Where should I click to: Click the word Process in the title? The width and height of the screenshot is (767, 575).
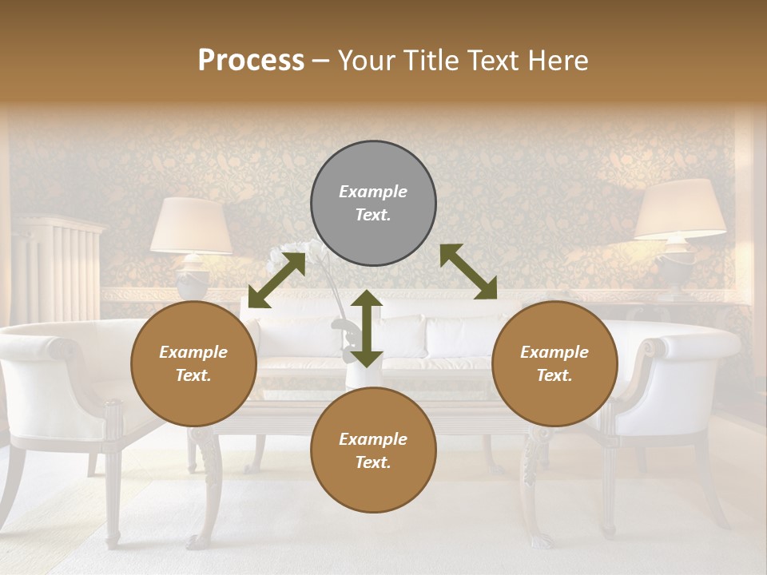pos(251,61)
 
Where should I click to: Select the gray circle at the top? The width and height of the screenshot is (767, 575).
pos(373,203)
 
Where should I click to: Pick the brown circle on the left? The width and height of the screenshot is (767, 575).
pos(193,363)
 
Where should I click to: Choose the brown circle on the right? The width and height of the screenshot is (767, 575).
pos(554,363)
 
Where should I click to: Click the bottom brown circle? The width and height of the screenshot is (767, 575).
pos(373,450)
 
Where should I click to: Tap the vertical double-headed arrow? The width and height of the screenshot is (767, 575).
pos(366,328)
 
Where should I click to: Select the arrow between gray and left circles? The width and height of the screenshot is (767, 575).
pos(276,280)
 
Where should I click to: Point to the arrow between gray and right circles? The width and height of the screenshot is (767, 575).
pos(468,272)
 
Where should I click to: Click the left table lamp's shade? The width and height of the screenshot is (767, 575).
pos(192,225)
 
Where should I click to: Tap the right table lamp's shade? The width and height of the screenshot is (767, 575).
pos(680,209)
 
